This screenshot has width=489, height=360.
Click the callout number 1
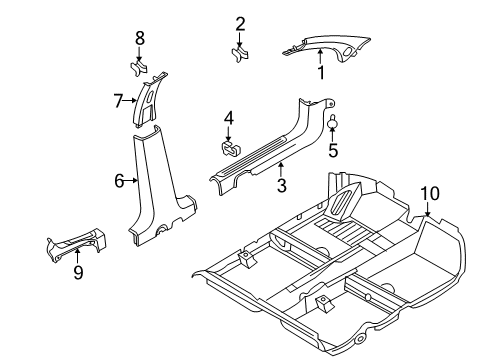[x=320, y=72]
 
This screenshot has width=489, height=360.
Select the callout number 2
[x=240, y=23]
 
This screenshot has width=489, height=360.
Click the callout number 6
[x=119, y=181]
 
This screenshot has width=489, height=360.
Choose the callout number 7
[x=118, y=100]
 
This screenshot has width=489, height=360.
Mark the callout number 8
[x=140, y=38]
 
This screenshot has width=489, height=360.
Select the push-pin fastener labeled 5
[x=333, y=124]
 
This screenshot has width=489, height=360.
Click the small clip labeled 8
[x=140, y=68]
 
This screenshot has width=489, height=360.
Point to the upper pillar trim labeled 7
[x=147, y=104]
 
